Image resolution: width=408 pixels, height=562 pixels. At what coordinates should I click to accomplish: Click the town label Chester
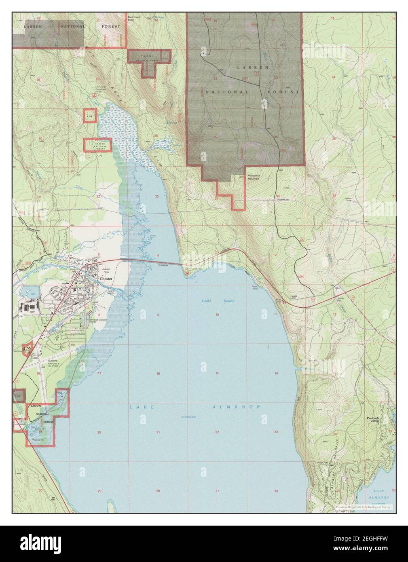click(x=107, y=279)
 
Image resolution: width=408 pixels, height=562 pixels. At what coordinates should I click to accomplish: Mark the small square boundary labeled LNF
click(x=89, y=116)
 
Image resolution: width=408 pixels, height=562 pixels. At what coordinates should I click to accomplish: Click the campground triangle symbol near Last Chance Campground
click(x=94, y=95)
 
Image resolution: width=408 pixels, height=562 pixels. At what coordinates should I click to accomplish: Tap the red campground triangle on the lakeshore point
click(x=187, y=274)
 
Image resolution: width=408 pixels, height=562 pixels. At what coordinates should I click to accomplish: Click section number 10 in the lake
click(x=217, y=315)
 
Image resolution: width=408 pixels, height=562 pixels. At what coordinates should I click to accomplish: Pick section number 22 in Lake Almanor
click(x=217, y=432)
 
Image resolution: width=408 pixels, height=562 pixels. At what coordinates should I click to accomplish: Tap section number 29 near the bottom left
click(x=99, y=491)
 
